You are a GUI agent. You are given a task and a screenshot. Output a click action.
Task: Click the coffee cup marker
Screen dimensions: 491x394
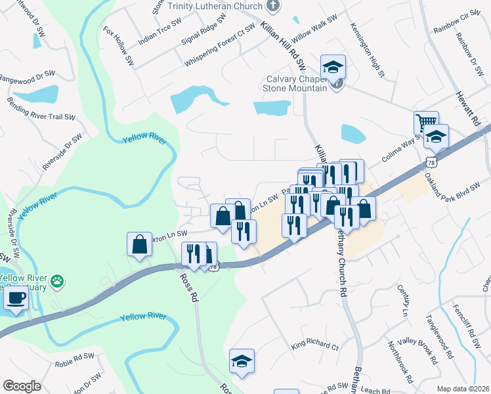[16, 298]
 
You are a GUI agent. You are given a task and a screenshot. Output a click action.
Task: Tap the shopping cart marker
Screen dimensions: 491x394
[426, 123]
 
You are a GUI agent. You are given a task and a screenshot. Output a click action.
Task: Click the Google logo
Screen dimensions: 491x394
[22, 386]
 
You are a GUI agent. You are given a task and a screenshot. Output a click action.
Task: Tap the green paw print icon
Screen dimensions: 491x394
[58, 280]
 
